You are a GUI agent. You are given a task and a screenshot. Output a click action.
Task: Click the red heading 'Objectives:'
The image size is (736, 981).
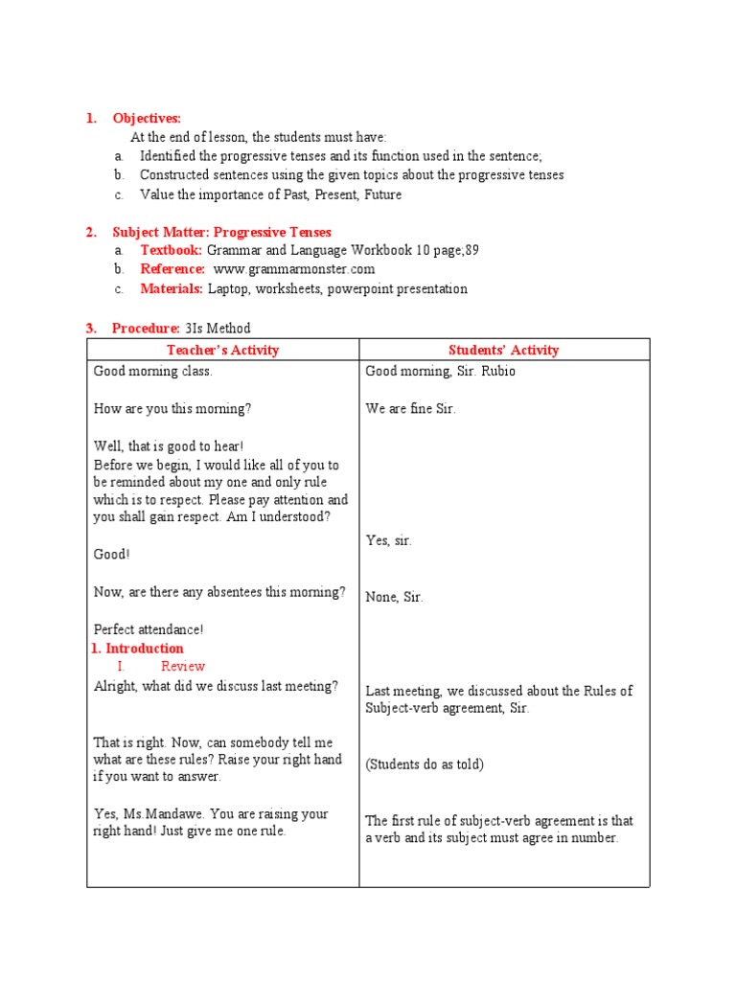pyautogui.click(x=147, y=118)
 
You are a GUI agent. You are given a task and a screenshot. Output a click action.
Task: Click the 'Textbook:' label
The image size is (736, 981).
pyautogui.click(x=172, y=250)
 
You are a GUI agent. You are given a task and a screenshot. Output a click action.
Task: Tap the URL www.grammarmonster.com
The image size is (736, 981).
pyautogui.click(x=294, y=269)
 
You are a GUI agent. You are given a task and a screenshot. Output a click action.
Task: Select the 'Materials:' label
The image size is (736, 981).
pyautogui.click(x=172, y=288)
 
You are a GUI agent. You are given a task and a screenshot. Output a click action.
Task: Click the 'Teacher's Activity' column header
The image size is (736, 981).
pyautogui.click(x=222, y=350)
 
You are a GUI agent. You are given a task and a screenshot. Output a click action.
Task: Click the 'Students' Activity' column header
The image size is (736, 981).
pyautogui.click(x=504, y=350)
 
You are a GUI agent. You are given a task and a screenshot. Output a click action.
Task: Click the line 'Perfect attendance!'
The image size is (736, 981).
pyautogui.click(x=149, y=629)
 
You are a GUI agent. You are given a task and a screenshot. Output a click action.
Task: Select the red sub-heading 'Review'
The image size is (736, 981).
pyautogui.click(x=183, y=666)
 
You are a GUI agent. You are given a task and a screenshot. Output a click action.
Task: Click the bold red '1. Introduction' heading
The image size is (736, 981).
pyautogui.click(x=137, y=649)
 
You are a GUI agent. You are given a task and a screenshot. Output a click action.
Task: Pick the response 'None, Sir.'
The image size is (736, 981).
pyautogui.click(x=394, y=597)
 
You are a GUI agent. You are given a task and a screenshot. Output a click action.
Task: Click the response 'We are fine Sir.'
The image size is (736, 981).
pyautogui.click(x=411, y=409)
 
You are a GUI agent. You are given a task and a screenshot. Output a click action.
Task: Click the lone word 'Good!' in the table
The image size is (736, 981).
pyautogui.click(x=112, y=554)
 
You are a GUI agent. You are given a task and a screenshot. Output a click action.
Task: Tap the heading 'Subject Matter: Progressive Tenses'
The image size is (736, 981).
pyautogui.click(x=221, y=232)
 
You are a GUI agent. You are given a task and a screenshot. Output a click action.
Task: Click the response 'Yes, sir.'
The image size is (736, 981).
pyautogui.click(x=389, y=540)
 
